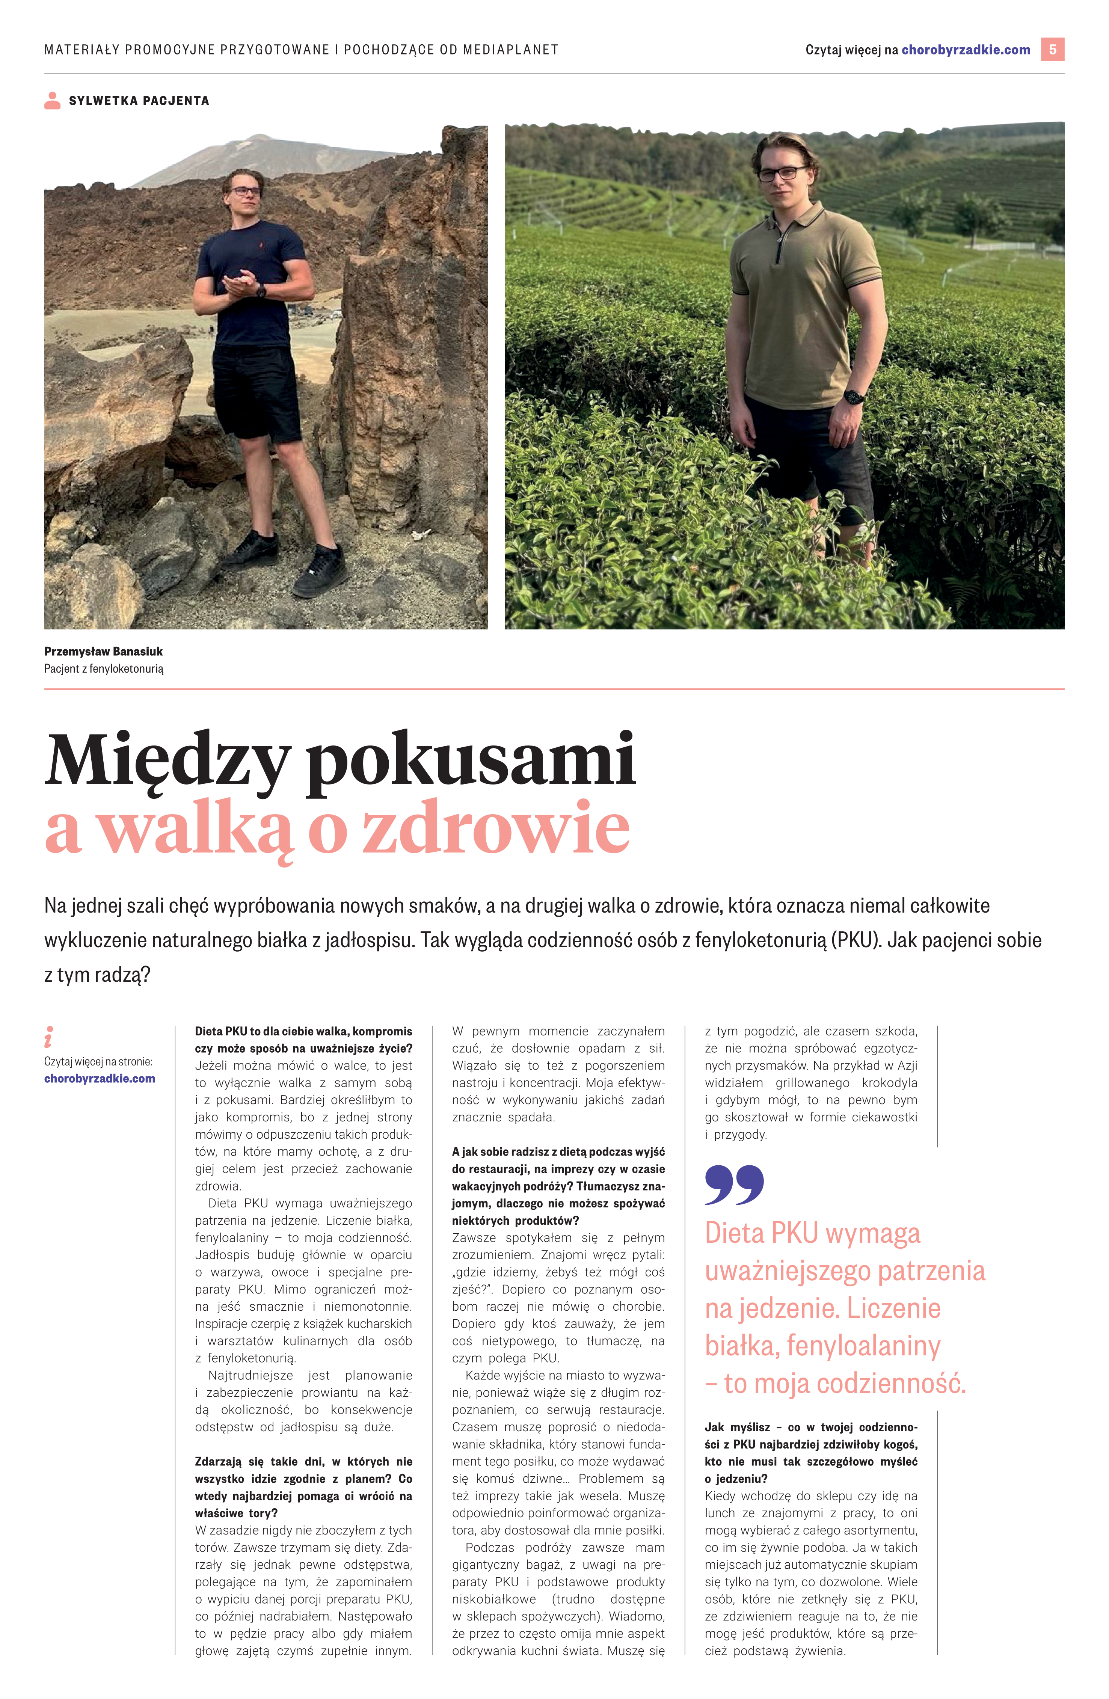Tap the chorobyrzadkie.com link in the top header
(966, 50)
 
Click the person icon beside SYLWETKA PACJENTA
(52, 101)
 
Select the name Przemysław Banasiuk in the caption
(104, 651)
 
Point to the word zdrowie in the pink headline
(496, 828)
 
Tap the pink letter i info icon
(48, 1037)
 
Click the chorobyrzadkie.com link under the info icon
(99, 1079)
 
